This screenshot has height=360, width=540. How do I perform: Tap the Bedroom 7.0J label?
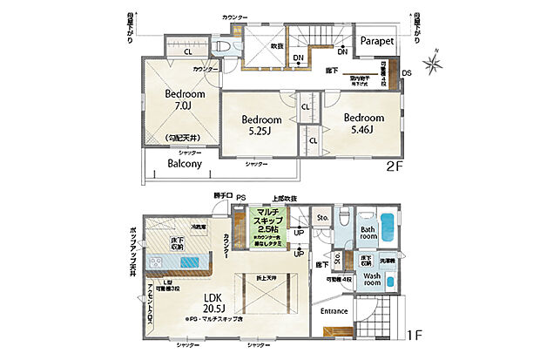click(185, 99)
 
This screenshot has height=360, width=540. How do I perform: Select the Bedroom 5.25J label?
click(261, 126)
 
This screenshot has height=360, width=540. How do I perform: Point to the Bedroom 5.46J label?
click(363, 123)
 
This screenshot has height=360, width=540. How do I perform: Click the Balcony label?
click(185, 163)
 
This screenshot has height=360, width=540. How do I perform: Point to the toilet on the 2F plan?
click(223, 48)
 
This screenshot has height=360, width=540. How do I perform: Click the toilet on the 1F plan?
click(345, 218)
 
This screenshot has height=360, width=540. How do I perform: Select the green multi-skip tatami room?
click(266, 223)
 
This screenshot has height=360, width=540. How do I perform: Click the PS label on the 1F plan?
click(242, 198)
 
